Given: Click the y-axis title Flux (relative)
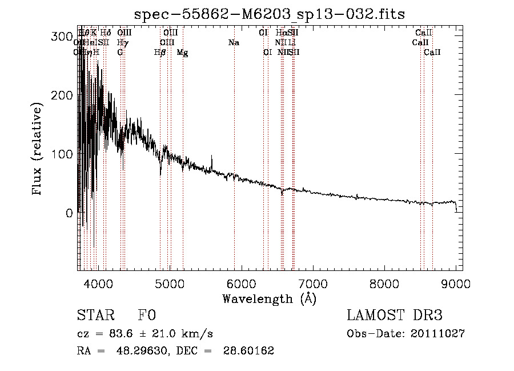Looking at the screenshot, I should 38,150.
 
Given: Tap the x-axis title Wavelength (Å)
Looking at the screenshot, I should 269,298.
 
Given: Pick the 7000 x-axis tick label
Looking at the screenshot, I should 313,283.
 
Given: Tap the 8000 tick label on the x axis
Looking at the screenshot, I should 384,283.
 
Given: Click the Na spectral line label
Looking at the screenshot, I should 233,43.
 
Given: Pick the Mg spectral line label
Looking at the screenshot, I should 182,53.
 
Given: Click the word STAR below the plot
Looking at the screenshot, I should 94,316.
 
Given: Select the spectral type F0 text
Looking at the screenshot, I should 147,316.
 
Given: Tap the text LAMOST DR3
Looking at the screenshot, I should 394,316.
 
